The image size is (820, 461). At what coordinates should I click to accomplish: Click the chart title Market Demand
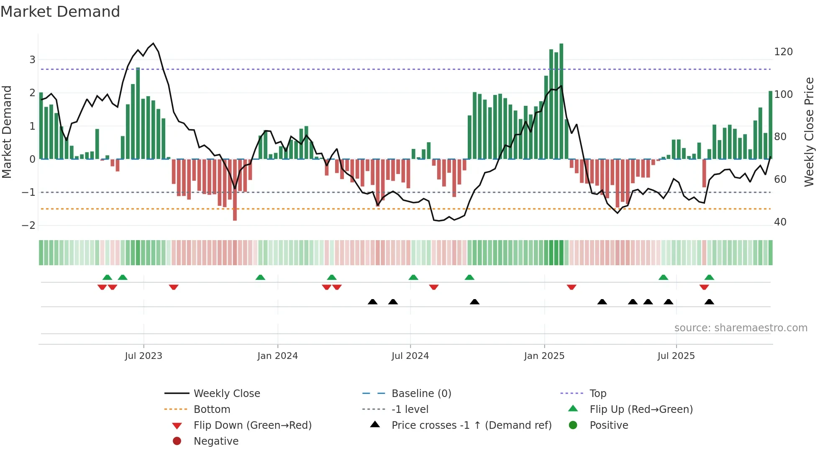pos(60,12)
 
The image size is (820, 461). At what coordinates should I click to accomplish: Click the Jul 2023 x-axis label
pos(143,356)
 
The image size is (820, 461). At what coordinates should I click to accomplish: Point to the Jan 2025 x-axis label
pos(544,356)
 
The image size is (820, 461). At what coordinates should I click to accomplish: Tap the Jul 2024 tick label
pos(410,356)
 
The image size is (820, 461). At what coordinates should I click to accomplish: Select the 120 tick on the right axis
pos(783,52)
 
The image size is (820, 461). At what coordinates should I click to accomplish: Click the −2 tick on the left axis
pos(28,225)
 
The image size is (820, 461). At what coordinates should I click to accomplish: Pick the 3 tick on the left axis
pos(32,60)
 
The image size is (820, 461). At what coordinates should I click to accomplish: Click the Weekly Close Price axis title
pos(809,132)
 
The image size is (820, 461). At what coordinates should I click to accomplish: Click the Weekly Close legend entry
pos(226,394)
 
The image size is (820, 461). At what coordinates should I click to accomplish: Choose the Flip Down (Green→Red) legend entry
pos(252,425)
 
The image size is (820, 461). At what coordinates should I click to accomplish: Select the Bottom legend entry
pos(212,410)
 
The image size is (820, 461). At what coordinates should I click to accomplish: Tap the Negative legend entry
pos(216,441)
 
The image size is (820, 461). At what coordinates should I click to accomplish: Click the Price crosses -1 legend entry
pos(471,425)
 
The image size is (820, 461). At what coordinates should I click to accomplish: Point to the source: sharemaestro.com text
pos(741,328)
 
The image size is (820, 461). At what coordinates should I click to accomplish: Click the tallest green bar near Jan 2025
pos(561,100)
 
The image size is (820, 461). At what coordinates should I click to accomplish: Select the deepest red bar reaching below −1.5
pos(235,190)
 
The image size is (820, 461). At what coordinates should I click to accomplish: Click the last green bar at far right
pos(770,125)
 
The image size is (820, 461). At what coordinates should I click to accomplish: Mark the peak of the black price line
pos(154,44)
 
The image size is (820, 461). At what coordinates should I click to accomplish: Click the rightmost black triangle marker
pos(709,302)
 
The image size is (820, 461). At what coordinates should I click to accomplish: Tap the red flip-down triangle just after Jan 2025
pos(571,287)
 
